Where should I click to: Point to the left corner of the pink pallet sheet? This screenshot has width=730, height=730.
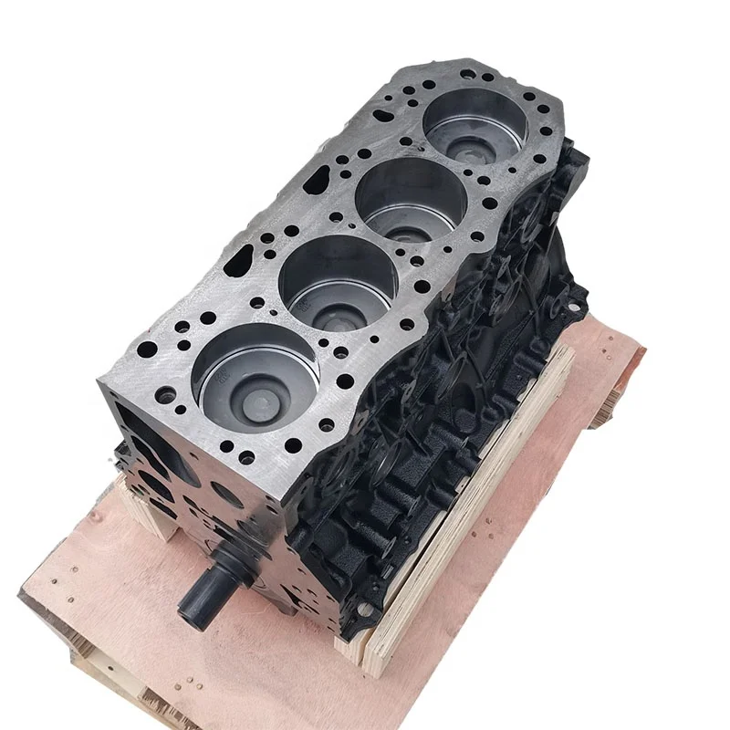27,593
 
